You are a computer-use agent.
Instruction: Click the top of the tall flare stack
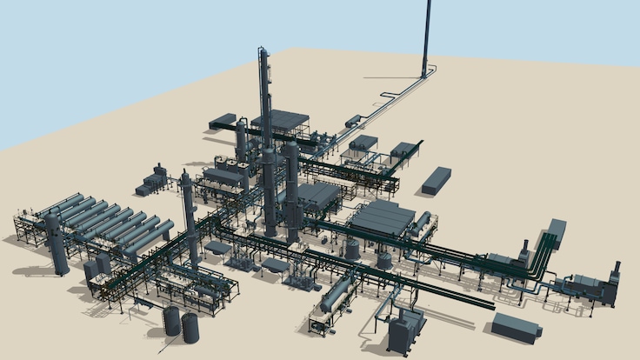[x=428, y=3]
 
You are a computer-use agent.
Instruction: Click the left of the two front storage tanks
[x=171, y=319]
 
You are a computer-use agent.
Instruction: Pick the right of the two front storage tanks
[x=190, y=327]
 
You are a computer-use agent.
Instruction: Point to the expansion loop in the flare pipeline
[x=383, y=97]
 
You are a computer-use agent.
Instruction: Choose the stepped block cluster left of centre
[x=152, y=183]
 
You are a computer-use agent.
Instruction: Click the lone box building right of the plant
[x=437, y=180]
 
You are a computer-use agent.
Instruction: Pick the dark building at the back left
[x=223, y=121]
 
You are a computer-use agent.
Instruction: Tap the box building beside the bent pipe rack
[x=556, y=230]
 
